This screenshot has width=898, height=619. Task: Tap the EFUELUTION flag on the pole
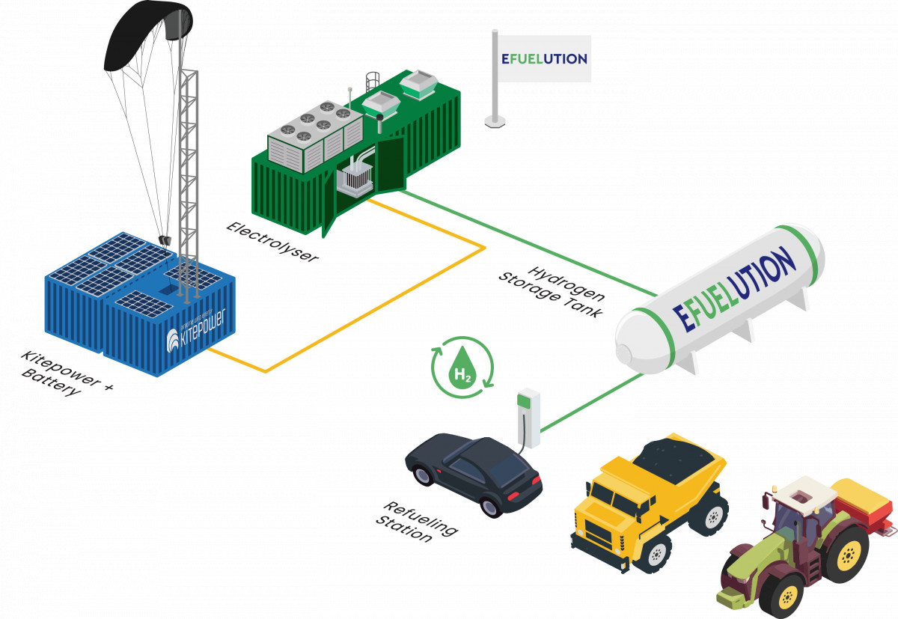point(543,58)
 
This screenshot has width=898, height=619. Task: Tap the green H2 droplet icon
point(462,367)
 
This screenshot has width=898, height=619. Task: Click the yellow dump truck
point(651,501)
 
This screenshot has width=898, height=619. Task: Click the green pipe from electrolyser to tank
point(524,240)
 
